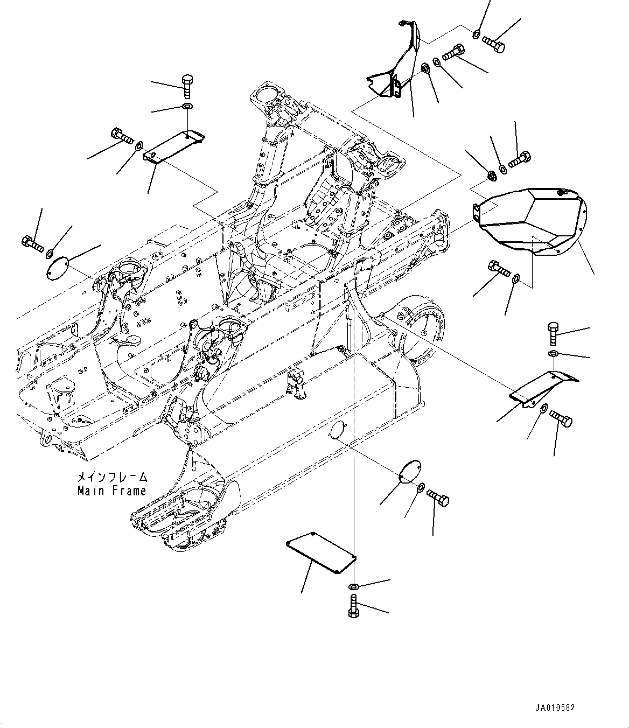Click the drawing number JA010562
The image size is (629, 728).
pos(554,708)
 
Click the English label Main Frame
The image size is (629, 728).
pos(111,491)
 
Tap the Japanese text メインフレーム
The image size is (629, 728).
pos(111,477)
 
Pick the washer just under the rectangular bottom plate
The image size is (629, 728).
pos(353,585)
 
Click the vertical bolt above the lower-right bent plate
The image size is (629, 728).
pos(553,334)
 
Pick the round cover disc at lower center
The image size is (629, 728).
pos(410,470)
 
